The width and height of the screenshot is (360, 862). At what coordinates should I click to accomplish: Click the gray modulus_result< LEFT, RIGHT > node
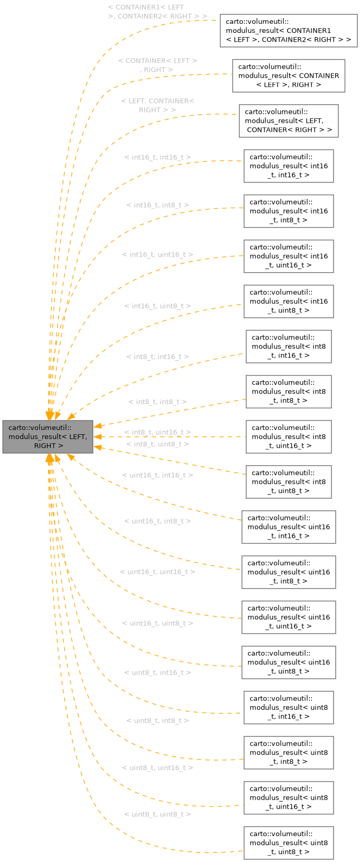(x=48, y=437)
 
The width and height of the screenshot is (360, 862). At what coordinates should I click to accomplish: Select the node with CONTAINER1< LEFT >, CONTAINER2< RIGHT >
(x=288, y=31)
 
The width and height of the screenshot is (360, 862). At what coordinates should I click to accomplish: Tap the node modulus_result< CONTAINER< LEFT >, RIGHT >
(x=289, y=76)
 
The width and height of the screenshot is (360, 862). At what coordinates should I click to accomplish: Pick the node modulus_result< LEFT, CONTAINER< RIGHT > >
(x=289, y=121)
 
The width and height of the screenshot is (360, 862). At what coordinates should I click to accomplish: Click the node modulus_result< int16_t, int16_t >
(x=289, y=166)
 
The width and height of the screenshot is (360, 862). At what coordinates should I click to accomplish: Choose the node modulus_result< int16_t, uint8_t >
(x=289, y=301)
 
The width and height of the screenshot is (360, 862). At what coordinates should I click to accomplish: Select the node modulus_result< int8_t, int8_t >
(x=289, y=392)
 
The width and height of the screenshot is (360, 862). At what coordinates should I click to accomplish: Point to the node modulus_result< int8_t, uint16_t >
(x=289, y=437)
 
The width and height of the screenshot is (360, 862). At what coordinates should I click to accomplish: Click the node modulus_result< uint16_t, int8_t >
(x=289, y=572)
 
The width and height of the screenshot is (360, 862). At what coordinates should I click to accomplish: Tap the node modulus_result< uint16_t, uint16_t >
(x=289, y=617)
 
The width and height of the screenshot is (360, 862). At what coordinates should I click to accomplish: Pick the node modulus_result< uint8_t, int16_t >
(x=289, y=708)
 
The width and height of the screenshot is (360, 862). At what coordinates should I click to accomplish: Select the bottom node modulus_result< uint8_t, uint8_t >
(x=289, y=843)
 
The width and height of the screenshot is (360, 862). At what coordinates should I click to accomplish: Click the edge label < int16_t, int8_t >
(x=158, y=205)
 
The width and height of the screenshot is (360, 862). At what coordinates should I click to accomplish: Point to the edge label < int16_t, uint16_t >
(x=158, y=255)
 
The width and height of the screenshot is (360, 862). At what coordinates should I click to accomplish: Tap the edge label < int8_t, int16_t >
(x=158, y=357)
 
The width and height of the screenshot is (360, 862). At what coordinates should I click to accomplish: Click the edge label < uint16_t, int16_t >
(x=158, y=475)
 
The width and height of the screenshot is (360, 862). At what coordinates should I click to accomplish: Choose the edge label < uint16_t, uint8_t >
(x=158, y=623)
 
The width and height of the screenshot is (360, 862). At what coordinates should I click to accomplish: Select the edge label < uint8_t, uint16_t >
(x=158, y=768)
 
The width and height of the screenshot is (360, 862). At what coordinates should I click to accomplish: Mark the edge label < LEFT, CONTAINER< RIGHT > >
(x=158, y=105)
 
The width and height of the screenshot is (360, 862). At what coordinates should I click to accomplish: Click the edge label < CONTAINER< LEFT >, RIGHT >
(x=158, y=66)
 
